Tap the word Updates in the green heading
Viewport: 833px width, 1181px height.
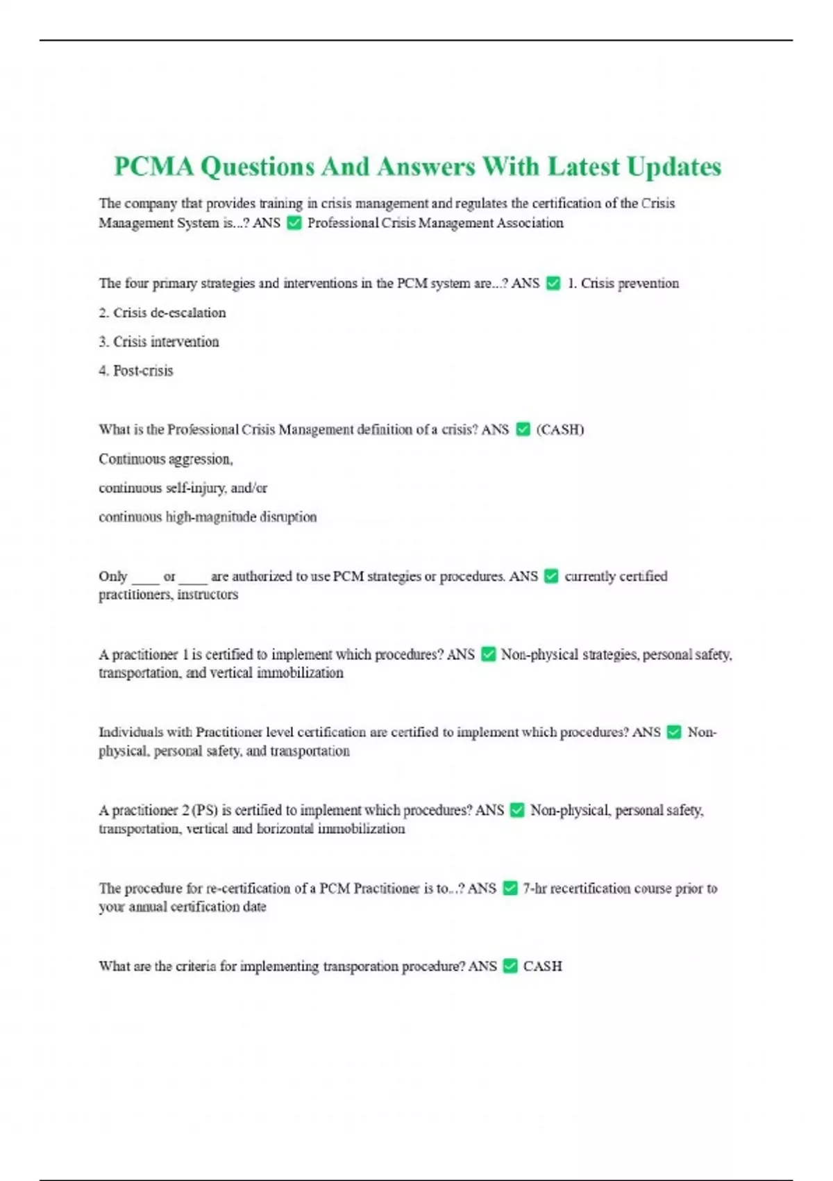click(x=673, y=167)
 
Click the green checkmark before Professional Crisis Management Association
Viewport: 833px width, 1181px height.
click(x=294, y=223)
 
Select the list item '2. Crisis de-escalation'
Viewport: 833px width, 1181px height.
click(x=162, y=313)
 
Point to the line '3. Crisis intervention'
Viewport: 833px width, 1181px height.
click(x=159, y=342)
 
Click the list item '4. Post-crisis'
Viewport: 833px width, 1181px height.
click(x=136, y=371)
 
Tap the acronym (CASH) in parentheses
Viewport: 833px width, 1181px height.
click(x=559, y=429)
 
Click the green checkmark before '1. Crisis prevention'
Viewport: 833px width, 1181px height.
click(x=553, y=283)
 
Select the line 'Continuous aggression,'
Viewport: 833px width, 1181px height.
click(x=166, y=459)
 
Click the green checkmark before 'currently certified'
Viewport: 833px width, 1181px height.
click(x=551, y=577)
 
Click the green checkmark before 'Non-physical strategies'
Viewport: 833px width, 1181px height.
click(x=488, y=654)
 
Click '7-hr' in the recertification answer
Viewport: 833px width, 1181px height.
click(x=535, y=889)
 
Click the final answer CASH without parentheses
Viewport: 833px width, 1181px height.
click(x=542, y=966)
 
